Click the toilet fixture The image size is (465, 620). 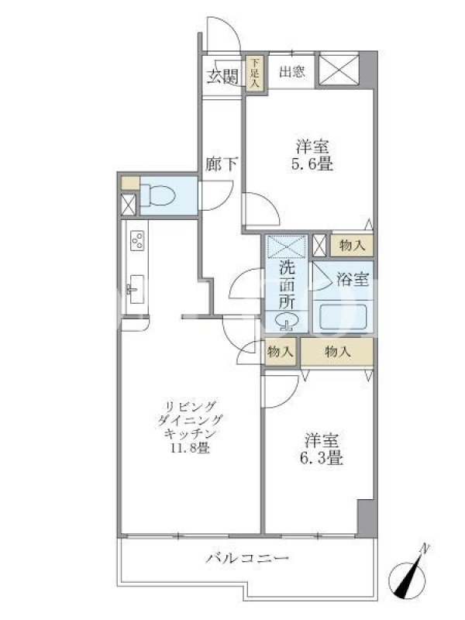(158, 196)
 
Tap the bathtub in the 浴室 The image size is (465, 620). (343, 316)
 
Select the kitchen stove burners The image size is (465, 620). (138, 240)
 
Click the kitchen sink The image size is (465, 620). (136, 289)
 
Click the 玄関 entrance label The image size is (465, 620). (222, 75)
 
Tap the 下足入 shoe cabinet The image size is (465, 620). (256, 73)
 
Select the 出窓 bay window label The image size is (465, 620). (292, 72)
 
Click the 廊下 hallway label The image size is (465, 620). (222, 164)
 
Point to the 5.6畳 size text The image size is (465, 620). (312, 164)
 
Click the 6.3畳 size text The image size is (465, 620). (322, 458)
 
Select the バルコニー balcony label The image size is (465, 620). (247, 558)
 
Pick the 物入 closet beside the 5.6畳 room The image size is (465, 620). (352, 246)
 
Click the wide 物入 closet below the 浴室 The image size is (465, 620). (337, 351)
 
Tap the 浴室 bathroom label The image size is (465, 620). (353, 280)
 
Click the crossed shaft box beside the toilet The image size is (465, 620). (129, 204)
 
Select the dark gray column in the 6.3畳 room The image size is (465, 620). (365, 518)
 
